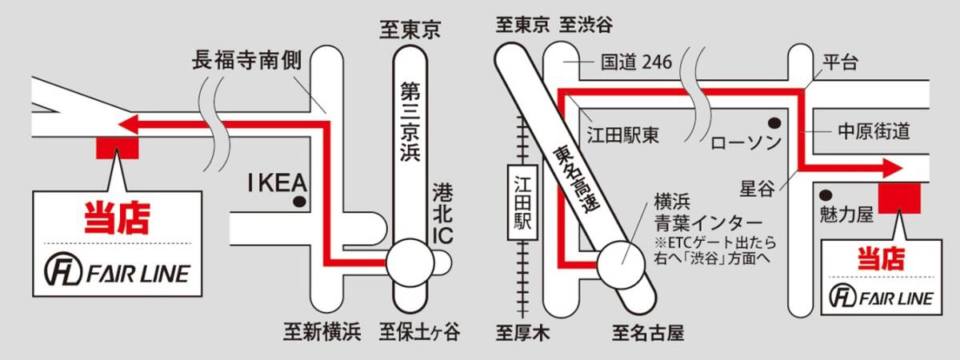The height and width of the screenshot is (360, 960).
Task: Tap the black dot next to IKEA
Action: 299,202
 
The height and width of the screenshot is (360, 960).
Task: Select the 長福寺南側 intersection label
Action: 246,61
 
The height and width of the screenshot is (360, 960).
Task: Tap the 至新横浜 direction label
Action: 322,331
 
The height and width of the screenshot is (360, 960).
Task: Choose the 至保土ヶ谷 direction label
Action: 420,331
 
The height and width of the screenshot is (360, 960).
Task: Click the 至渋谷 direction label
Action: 586,25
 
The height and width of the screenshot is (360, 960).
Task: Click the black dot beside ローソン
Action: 774,122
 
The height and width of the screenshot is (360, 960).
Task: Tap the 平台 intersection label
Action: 840,62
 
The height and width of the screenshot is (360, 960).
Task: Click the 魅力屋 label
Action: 846,214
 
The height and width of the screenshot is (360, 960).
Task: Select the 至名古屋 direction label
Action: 649,331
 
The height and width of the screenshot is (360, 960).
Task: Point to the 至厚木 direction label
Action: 522,331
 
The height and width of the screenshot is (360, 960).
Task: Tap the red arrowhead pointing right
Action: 891,168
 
